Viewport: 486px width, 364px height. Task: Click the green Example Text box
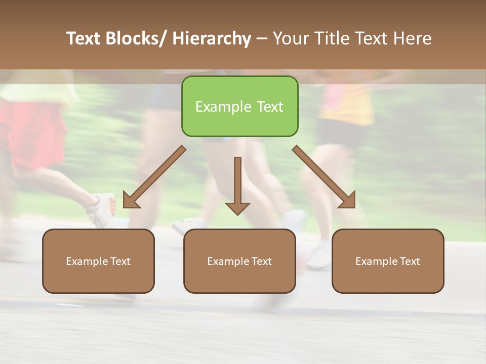[x=239, y=106]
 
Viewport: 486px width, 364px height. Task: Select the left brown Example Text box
[x=98, y=261]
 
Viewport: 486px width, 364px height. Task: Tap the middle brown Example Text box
[x=239, y=261]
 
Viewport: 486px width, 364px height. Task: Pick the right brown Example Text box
[x=388, y=261]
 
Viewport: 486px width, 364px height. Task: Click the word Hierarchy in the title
[x=211, y=38]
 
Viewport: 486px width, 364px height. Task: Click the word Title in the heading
[x=333, y=38]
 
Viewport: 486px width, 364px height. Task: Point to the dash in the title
[x=262, y=38]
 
